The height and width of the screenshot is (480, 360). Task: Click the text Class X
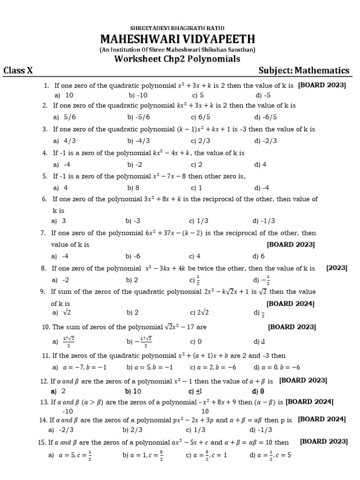18,71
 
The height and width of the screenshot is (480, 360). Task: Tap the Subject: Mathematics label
304,71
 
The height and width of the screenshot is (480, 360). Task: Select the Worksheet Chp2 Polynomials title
177,59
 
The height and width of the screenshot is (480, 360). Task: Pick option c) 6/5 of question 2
197,117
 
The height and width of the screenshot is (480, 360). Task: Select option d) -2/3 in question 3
266,141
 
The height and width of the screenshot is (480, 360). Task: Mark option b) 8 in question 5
131,188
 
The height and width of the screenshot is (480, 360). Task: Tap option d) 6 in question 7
259,256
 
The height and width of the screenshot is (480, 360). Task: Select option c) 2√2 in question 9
199,312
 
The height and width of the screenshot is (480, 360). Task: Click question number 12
45,381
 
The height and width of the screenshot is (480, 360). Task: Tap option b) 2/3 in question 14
132,429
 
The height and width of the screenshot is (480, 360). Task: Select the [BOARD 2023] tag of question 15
323,442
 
